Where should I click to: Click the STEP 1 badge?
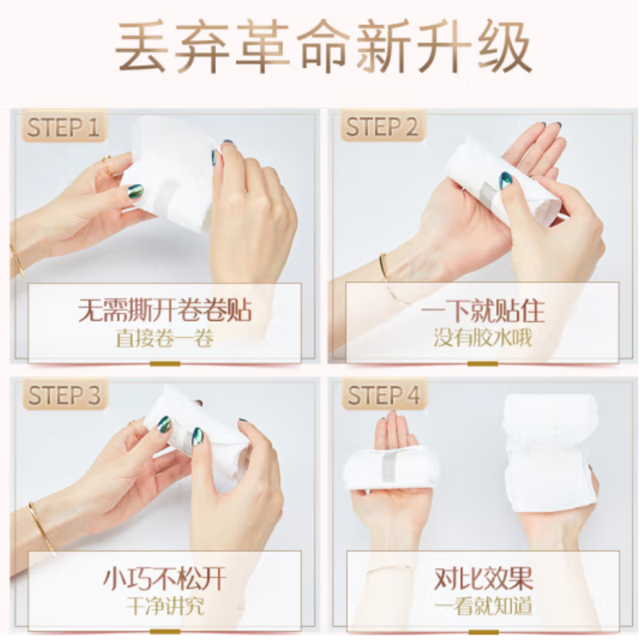click(x=64, y=127)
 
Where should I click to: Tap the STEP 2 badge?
click(x=382, y=126)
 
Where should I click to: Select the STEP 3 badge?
click(x=64, y=394)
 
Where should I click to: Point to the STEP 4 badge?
click(x=384, y=394)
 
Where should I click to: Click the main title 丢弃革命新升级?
click(x=323, y=47)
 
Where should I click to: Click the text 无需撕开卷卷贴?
click(x=165, y=310)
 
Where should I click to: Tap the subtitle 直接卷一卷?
click(x=165, y=338)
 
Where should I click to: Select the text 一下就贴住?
click(x=483, y=310)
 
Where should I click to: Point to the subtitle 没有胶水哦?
click(x=483, y=338)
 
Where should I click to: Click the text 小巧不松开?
click(x=165, y=578)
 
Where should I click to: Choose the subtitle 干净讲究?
click(x=165, y=606)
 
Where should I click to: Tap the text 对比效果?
click(x=484, y=578)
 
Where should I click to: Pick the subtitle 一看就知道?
click(x=484, y=606)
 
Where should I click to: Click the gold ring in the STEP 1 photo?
click(x=107, y=166)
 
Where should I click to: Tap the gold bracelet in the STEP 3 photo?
click(x=41, y=527)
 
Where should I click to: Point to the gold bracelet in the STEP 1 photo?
click(x=16, y=259)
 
